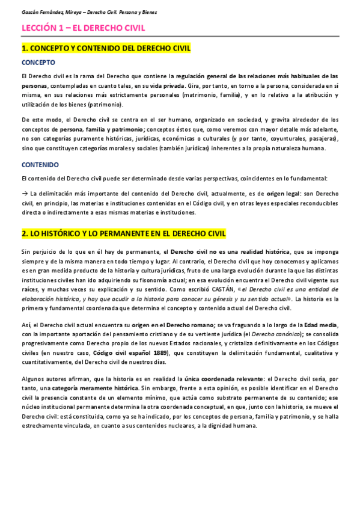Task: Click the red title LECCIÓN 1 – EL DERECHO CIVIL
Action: (83, 28)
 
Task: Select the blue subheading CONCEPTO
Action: (38, 62)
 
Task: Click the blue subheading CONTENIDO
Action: (40, 164)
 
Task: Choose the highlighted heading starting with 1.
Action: (106, 48)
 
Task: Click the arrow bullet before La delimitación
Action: (24, 194)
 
